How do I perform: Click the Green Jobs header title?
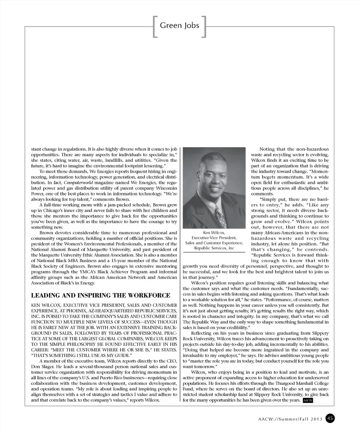pos(180,25)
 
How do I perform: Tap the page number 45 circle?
pos(330,418)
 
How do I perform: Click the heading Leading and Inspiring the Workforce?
pos(100,295)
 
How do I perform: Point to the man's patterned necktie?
pos(220,217)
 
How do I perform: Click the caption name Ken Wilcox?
pos(214,233)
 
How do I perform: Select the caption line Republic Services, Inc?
pos(214,248)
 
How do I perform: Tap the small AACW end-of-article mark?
pos(307,401)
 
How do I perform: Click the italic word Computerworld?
pos(70,182)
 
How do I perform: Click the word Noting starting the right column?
pos(267,149)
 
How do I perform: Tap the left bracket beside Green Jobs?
pos(155,26)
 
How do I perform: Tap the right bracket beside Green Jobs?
pos(204,26)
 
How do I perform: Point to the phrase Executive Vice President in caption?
pos(214,238)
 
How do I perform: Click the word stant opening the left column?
pos(36,149)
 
